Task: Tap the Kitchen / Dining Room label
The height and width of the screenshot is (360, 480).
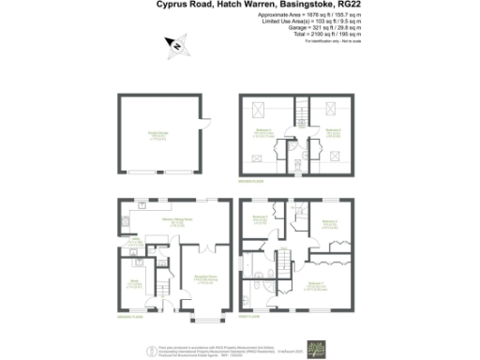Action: click(x=176, y=221)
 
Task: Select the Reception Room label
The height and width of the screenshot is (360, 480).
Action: click(x=206, y=278)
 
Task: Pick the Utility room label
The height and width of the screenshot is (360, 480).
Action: click(x=136, y=241)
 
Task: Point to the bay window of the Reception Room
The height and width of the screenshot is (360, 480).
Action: click(x=205, y=320)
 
